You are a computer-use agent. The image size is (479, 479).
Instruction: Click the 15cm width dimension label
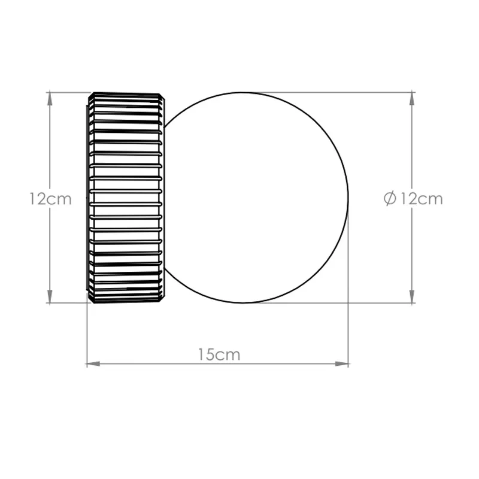tap(219, 354)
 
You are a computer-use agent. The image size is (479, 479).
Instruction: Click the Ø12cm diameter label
tap(413, 199)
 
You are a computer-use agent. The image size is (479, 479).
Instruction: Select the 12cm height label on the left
tap(50, 199)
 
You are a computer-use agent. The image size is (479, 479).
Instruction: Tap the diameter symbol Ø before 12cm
tap(390, 199)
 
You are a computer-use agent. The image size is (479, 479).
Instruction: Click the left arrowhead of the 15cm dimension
tap(93, 364)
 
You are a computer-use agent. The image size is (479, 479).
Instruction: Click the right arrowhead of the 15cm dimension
tap(342, 364)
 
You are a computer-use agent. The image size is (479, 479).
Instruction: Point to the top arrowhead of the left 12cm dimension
tap(50, 98)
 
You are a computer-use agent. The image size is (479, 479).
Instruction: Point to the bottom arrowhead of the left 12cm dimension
tap(50, 296)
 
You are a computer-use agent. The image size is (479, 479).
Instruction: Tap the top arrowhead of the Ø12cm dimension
tap(412, 98)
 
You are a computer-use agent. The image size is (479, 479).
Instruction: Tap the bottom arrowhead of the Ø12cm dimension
tap(412, 296)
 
